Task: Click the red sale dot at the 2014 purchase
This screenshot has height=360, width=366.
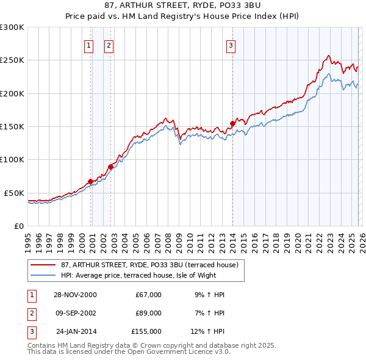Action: coord(232,124)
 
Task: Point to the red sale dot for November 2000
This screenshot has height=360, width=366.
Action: coord(90,181)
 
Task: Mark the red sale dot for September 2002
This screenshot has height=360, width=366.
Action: coord(110,167)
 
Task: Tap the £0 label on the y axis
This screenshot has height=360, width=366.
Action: coord(18,226)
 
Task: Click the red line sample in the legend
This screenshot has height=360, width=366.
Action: coord(43,265)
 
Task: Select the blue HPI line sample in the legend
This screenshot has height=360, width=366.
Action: coord(43,275)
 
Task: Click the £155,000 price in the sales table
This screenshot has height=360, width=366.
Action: coord(146,331)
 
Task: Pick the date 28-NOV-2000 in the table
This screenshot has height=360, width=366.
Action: coord(76,295)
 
